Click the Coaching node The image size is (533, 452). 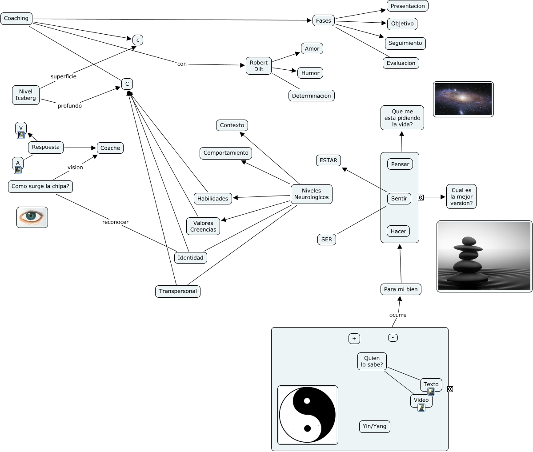(x=16, y=18)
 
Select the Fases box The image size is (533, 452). (x=324, y=20)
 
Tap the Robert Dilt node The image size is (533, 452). (x=259, y=66)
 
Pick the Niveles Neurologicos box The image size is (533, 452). (x=311, y=194)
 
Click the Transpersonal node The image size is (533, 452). (x=178, y=291)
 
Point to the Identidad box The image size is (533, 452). (x=190, y=257)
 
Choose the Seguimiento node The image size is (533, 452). (x=405, y=43)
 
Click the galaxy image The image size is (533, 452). (x=463, y=99)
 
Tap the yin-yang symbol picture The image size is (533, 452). (x=308, y=415)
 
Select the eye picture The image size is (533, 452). (x=32, y=217)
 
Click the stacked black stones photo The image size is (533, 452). (x=484, y=256)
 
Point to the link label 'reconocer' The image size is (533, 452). (x=115, y=222)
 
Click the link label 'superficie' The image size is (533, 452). (x=64, y=76)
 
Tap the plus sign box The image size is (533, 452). (x=354, y=339)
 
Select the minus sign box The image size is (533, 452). (x=393, y=338)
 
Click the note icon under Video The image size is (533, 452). (x=421, y=407)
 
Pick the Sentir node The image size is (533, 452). (x=399, y=198)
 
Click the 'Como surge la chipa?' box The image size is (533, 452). (x=40, y=186)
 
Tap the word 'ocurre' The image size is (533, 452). (x=398, y=315)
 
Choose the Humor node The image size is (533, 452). (x=310, y=73)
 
